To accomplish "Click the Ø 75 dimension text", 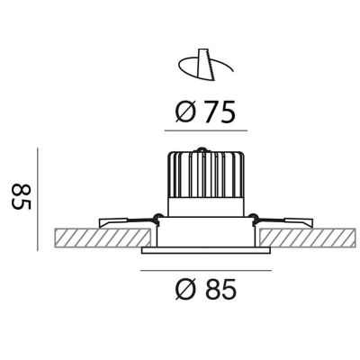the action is click(x=206, y=113).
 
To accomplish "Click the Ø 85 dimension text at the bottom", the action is click(x=206, y=290).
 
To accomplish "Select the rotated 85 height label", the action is click(x=22, y=197).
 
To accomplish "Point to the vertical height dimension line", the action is click(x=38, y=199).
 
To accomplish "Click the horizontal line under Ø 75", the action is click(x=206, y=130).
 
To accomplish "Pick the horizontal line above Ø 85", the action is click(x=206, y=271).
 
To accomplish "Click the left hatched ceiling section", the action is click(x=103, y=238).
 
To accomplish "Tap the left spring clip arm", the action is click(x=127, y=221).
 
